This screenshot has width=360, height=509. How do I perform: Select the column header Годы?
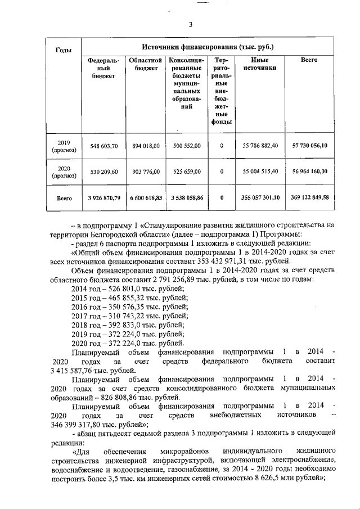64,51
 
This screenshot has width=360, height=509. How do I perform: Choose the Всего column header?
309,60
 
